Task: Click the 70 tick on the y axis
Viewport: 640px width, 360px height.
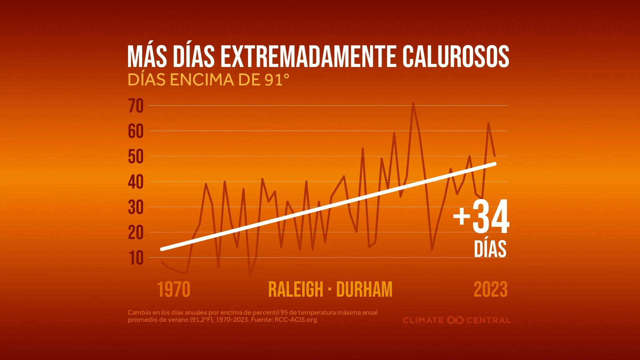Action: coord(136,106)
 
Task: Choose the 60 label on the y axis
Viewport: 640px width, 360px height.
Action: coord(136,132)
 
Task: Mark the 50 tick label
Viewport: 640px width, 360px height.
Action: coord(136,157)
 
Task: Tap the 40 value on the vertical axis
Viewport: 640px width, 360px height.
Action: coord(136,182)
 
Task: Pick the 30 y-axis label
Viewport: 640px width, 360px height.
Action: coord(136,208)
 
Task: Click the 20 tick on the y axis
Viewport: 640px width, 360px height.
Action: coord(136,233)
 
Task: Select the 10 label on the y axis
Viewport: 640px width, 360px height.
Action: coord(136,258)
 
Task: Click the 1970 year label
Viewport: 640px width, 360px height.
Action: coord(174,289)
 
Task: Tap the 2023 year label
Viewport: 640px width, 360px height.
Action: coord(490,289)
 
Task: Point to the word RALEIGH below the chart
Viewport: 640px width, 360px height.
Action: coord(296,289)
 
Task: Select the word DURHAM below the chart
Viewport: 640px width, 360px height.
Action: coord(364,289)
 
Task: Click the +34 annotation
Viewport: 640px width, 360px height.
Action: coord(481,217)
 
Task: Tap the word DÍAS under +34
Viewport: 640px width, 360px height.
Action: coord(490,249)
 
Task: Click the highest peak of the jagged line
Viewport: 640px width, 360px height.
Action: coord(413,103)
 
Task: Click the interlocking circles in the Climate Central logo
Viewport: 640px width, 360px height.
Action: coord(455,320)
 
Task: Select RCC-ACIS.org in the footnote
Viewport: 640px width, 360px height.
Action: coord(296,320)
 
